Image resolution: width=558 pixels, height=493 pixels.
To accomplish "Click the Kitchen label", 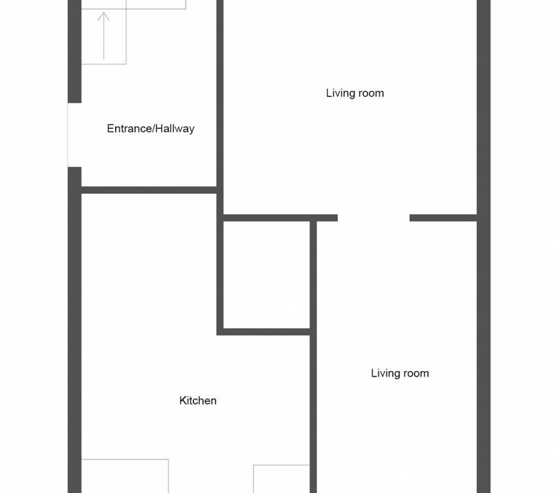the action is pos(198,401).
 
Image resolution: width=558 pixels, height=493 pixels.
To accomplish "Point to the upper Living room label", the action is pos(355,93).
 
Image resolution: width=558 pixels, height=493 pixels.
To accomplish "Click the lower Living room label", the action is pos(400,373).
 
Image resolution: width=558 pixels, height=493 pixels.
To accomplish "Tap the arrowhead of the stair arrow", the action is pos(104,16).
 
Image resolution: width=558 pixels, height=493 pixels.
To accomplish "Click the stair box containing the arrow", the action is pos(104,32).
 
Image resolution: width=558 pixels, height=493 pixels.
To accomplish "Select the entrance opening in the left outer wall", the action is pos(74,135).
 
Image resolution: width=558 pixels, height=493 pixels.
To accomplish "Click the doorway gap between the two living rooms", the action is pos(374,218).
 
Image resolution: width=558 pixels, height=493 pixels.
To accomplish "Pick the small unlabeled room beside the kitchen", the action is pos(267,275).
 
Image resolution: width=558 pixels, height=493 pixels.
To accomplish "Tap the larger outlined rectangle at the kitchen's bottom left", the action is pos(125,476).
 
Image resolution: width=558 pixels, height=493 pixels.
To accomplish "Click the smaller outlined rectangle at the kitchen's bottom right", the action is pos(281,479).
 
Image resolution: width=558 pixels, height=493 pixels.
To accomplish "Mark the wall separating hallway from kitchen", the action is pos(149,190).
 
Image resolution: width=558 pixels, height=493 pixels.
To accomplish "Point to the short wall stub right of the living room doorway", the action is pos(443,218).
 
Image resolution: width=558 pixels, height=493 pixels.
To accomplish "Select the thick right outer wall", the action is pos(484,246).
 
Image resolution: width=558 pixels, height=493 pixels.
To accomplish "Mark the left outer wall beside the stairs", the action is pos(74,51).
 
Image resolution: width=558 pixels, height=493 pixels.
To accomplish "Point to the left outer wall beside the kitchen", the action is pos(74,330).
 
